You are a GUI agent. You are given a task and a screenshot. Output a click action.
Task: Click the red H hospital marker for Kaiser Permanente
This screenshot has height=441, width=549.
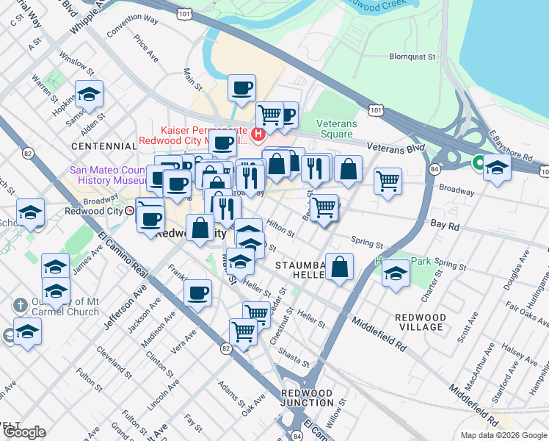tap(258, 134)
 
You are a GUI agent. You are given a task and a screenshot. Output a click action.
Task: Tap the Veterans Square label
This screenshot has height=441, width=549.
tap(336, 129)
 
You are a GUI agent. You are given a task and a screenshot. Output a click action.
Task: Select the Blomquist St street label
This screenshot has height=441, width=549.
tap(412, 56)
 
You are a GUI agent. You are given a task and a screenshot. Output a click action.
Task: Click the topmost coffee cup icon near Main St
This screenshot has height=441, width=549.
tap(241, 90)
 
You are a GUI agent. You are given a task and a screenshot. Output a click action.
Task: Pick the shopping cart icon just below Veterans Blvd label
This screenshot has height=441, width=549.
tap(388, 181)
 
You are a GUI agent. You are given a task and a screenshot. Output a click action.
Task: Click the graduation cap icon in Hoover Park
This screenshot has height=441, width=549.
tap(396, 276)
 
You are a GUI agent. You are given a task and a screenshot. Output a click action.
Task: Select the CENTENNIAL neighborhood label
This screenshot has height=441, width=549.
tap(105, 147)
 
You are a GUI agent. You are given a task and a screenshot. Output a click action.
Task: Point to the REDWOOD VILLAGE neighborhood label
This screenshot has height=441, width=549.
tap(420, 322)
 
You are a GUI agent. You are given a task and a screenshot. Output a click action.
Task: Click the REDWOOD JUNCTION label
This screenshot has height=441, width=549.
tap(308, 398)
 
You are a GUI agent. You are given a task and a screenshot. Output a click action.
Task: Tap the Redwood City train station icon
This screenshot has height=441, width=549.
tap(129, 210)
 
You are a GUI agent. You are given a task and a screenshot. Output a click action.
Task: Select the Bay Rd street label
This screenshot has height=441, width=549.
tap(445, 225)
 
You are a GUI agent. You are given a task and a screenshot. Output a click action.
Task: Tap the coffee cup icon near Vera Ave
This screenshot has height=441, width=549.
tap(197, 293)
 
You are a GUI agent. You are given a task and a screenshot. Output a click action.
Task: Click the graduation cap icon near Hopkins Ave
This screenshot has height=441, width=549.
tap(89, 95)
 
